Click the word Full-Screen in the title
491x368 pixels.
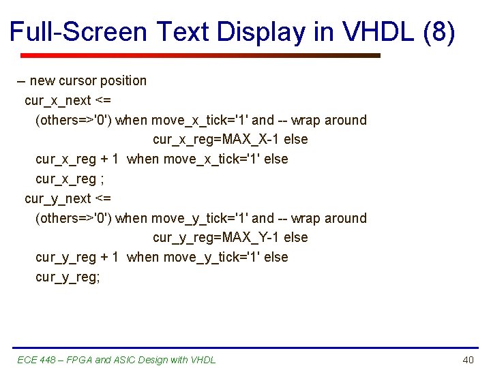[x=78, y=31]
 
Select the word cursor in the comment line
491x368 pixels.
[x=77, y=80]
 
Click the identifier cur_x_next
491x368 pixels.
[x=57, y=100]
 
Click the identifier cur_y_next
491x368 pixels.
[x=57, y=198]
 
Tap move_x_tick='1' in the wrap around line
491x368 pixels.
[x=199, y=120]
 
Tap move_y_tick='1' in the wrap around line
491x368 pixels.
[x=199, y=218]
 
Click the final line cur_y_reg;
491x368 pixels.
[x=68, y=277]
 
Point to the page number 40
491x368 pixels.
[x=468, y=360]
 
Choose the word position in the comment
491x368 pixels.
[x=123, y=80]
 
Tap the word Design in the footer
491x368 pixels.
[x=155, y=360]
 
